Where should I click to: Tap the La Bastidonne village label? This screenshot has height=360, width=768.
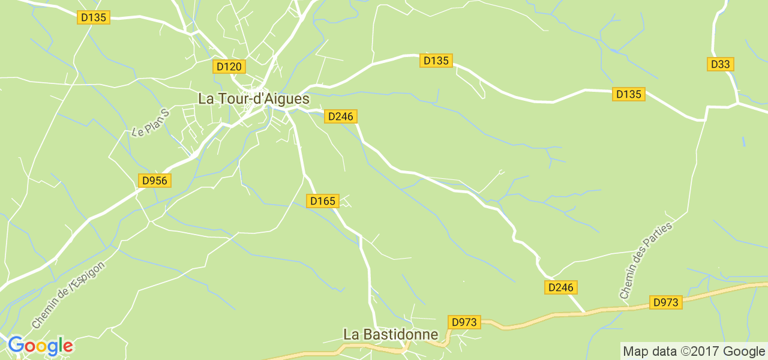click(391, 334)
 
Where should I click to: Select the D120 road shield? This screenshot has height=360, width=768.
click(229, 66)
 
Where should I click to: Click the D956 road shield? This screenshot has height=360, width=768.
click(155, 181)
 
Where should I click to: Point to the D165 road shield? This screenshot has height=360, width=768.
click(323, 201)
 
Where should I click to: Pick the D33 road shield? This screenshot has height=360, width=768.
click(721, 64)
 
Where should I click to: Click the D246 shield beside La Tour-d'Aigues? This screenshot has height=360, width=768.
click(341, 116)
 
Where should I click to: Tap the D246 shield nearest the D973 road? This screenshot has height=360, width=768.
click(561, 287)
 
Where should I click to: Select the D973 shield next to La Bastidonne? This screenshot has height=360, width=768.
click(464, 322)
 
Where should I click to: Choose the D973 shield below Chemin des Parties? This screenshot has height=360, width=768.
click(665, 302)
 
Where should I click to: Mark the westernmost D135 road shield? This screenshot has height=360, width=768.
click(93, 17)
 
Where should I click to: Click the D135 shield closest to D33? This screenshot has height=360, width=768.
click(628, 94)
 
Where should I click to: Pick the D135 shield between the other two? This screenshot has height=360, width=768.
click(436, 61)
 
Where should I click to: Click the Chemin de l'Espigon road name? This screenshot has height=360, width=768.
click(68, 295)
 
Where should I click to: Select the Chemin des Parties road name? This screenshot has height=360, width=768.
click(646, 260)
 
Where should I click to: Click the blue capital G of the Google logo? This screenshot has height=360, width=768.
click(16, 346)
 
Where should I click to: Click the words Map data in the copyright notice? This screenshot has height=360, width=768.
click(649, 352)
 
